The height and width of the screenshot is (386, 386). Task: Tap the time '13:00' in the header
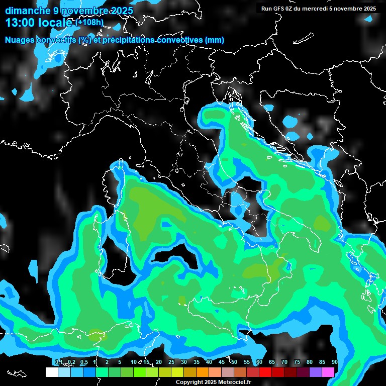(20, 22)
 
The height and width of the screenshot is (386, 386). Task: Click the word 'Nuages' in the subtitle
(20, 40)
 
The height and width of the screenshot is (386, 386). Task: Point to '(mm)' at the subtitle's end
(214, 40)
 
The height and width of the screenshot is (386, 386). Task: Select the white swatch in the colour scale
(52, 372)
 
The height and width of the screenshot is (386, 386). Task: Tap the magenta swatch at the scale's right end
(328, 372)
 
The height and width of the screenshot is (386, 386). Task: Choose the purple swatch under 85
(316, 372)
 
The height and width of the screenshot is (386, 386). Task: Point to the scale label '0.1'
(58, 362)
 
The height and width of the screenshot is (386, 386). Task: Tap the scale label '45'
(222, 362)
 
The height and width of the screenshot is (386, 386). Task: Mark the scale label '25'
(171, 362)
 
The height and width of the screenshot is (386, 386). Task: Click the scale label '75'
(297, 362)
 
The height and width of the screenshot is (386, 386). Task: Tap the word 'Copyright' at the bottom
(188, 382)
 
